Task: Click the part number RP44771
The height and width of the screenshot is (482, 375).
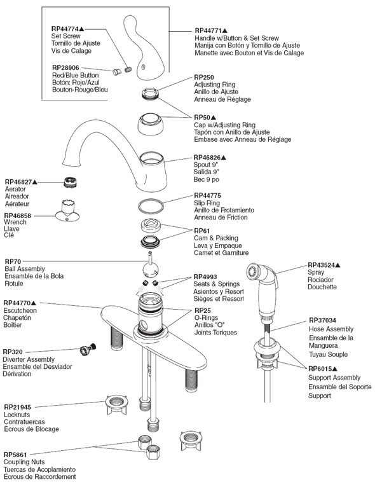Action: pyautogui.click(x=208, y=31)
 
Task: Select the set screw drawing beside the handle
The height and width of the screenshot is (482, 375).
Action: pyautogui.click(x=128, y=70)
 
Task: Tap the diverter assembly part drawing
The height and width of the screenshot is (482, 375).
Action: pyautogui.click(x=88, y=350)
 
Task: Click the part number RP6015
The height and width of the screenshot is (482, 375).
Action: pyautogui.click(x=320, y=369)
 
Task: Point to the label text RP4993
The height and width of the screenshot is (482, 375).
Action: pyautogui.click(x=206, y=277)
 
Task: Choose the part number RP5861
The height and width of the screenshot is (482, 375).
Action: pyautogui.click(x=15, y=454)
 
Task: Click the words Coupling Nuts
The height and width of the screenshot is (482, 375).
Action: pyautogui.click(x=24, y=462)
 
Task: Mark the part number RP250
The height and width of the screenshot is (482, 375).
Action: pyautogui.click(x=204, y=77)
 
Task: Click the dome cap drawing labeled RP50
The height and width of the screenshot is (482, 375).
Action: pyautogui.click(x=150, y=124)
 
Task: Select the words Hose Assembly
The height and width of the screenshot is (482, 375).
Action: pyautogui.click(x=331, y=329)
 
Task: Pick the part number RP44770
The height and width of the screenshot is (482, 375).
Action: pyautogui.click(x=17, y=303)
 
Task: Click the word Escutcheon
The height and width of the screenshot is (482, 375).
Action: pyautogui.click(x=20, y=310)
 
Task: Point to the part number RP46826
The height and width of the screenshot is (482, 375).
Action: pyautogui.click(x=207, y=158)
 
